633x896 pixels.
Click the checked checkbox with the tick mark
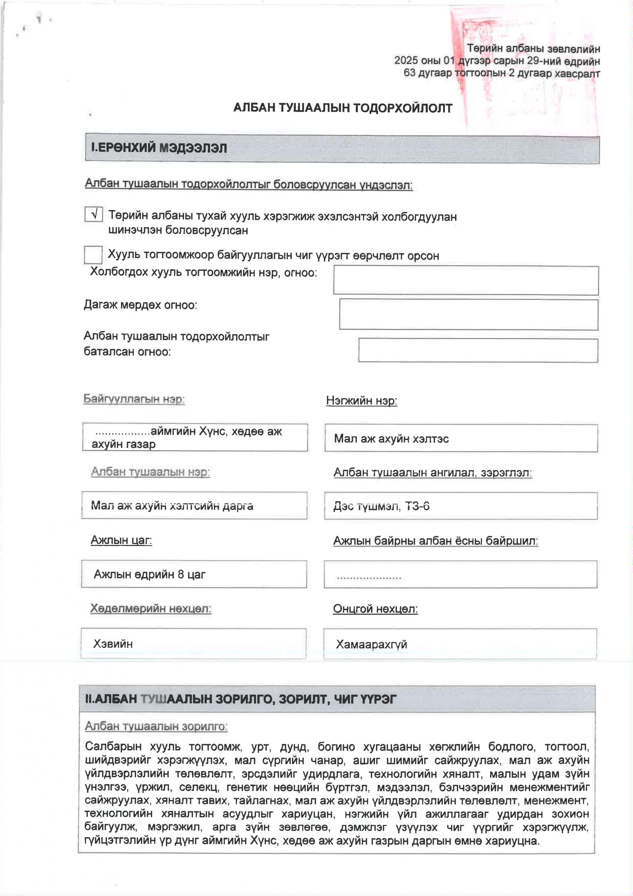coord(94,214)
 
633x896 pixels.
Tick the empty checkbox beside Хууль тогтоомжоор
coord(93,255)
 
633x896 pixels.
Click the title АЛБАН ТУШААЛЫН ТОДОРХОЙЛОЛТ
coord(342,108)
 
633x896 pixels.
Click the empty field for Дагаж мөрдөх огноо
coord(468,314)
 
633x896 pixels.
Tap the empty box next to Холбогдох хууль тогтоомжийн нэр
coord(466,280)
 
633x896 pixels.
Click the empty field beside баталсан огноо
coord(478,350)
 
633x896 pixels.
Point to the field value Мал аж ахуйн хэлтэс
coord(391,439)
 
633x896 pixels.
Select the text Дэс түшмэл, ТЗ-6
coord(381,506)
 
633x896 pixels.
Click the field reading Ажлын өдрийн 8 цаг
coord(149,574)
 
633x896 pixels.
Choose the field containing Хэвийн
coord(113,644)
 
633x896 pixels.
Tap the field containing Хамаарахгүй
coord(371,644)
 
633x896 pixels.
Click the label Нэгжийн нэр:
coord(362,400)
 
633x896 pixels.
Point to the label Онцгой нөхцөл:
coord(375,608)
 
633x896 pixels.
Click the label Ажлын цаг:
coord(121,540)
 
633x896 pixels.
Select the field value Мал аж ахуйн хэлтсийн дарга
coord(172,506)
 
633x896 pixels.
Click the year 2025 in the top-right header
coord(406,61)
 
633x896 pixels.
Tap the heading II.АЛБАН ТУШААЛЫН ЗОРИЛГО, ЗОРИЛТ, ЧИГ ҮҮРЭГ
coord(240,699)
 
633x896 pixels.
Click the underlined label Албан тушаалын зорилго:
coord(156,726)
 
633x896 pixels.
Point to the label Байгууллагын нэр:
coord(134,399)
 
